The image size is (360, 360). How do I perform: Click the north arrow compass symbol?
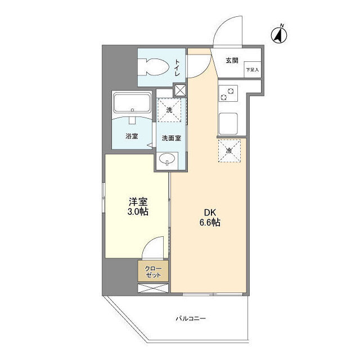pos(279,35)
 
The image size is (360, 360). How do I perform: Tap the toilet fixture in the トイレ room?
pos(153,67)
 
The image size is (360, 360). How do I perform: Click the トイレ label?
pos(178,67)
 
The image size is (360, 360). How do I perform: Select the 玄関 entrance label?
pos(232,61)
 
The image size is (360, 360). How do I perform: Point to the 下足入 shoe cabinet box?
pos(253,70)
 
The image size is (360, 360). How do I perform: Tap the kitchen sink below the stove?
pos(228,124)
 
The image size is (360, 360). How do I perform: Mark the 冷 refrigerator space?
pos(229,151)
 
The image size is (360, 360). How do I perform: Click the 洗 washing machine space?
pos(169,110)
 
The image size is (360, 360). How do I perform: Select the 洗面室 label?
pos(171,138)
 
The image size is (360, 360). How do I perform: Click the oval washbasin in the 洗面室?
pos(167,159)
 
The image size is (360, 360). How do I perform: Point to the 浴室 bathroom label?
pos(132,136)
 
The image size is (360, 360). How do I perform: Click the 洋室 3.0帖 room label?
pos(138,206)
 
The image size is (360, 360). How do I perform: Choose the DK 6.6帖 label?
pos(210,218)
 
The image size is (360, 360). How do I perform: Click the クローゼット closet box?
pos(153,271)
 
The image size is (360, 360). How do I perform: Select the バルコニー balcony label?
pos(191,318)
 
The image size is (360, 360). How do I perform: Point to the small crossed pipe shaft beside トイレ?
pos(180,91)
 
